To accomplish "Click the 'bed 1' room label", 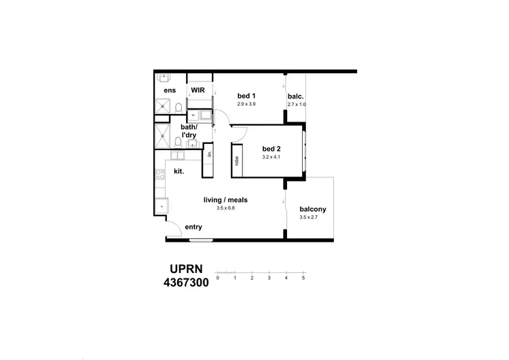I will [x=246, y=96].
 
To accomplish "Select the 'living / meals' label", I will [x=225, y=200].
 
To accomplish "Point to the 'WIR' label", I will [x=198, y=90].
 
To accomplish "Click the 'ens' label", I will [x=170, y=90].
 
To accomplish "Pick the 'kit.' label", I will [x=180, y=171].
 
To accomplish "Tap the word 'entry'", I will [x=193, y=227].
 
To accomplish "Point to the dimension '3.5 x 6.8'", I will [x=225, y=208].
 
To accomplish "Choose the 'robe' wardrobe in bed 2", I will [x=237, y=160].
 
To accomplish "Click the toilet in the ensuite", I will [x=178, y=108].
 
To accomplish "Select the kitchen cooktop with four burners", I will [x=160, y=178].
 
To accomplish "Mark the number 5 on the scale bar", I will [x=303, y=278].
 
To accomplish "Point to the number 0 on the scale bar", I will [x=217, y=278].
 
